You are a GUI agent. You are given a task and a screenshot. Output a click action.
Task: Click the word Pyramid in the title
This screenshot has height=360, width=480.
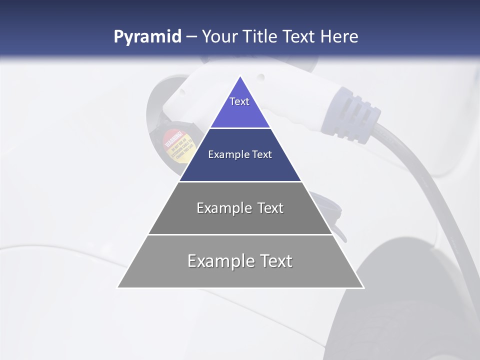click(x=147, y=37)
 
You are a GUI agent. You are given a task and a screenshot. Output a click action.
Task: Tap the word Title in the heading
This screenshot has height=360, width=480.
click(x=261, y=36)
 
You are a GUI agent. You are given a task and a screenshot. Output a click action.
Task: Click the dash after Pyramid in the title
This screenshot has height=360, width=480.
click(x=191, y=37)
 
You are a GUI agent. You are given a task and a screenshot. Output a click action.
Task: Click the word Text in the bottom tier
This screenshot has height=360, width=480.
click(x=273, y=261)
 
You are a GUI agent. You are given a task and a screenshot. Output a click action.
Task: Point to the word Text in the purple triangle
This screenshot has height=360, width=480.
click(x=239, y=101)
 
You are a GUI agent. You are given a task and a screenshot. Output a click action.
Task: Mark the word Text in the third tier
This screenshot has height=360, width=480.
click(x=270, y=208)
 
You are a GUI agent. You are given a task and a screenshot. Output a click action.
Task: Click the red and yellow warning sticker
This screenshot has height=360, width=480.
click(x=174, y=145)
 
